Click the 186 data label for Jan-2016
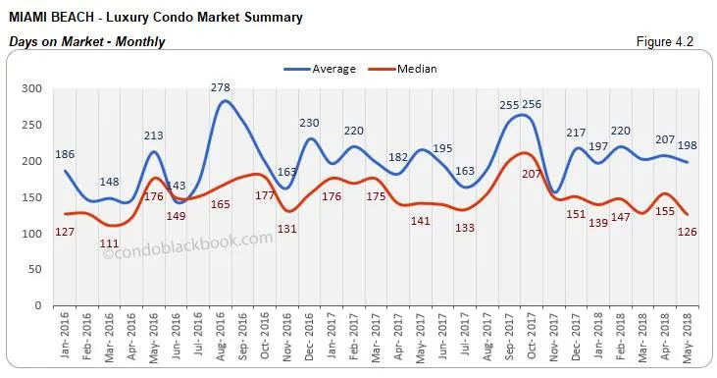[66, 154]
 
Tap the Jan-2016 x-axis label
[66, 337]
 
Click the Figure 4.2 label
[670, 42]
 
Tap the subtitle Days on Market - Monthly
[86, 41]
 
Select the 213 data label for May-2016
[154, 135]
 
